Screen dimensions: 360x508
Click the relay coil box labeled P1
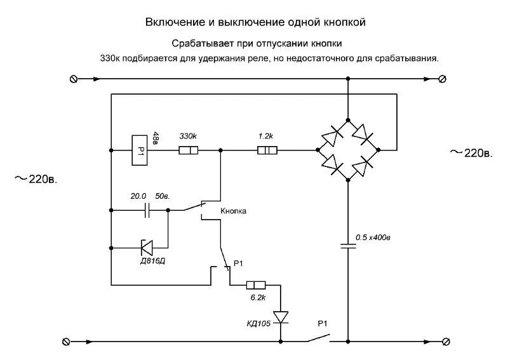point(141,150)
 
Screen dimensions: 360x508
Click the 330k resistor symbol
point(188,150)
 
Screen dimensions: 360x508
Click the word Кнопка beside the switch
point(233,211)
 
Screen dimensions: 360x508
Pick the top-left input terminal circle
point(72,79)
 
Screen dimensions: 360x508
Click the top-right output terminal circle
point(443,79)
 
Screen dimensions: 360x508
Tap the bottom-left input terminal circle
point(65,341)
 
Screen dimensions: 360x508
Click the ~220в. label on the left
point(36,179)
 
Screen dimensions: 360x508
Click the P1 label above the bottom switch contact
point(323,324)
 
